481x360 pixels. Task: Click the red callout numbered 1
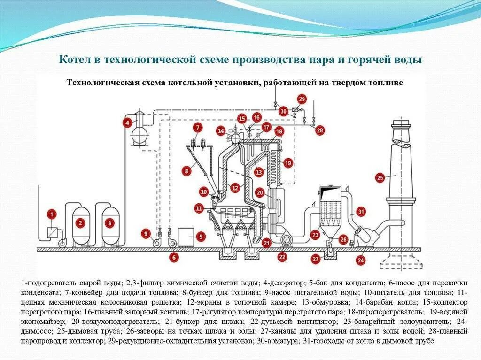pyautogui.click(x=51, y=214)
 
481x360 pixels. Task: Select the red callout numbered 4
pyautogui.click(x=127, y=123)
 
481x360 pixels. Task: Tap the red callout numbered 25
pyautogui.click(x=380, y=177)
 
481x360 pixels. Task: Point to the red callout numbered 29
pyautogui.click(x=302, y=99)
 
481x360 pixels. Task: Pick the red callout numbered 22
pyautogui.click(x=282, y=257)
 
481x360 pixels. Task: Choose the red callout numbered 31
pyautogui.click(x=360, y=212)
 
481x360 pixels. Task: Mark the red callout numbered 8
pyautogui.click(x=187, y=172)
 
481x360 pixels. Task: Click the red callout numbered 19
pyautogui.click(x=288, y=163)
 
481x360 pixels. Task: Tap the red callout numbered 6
pyautogui.click(x=174, y=257)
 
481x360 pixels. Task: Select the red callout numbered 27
pyautogui.click(x=315, y=259)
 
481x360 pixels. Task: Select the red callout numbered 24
pyautogui.click(x=361, y=260)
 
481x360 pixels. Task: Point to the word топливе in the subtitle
pyautogui.click(x=388, y=83)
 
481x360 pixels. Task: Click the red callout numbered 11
pyautogui.click(x=199, y=208)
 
